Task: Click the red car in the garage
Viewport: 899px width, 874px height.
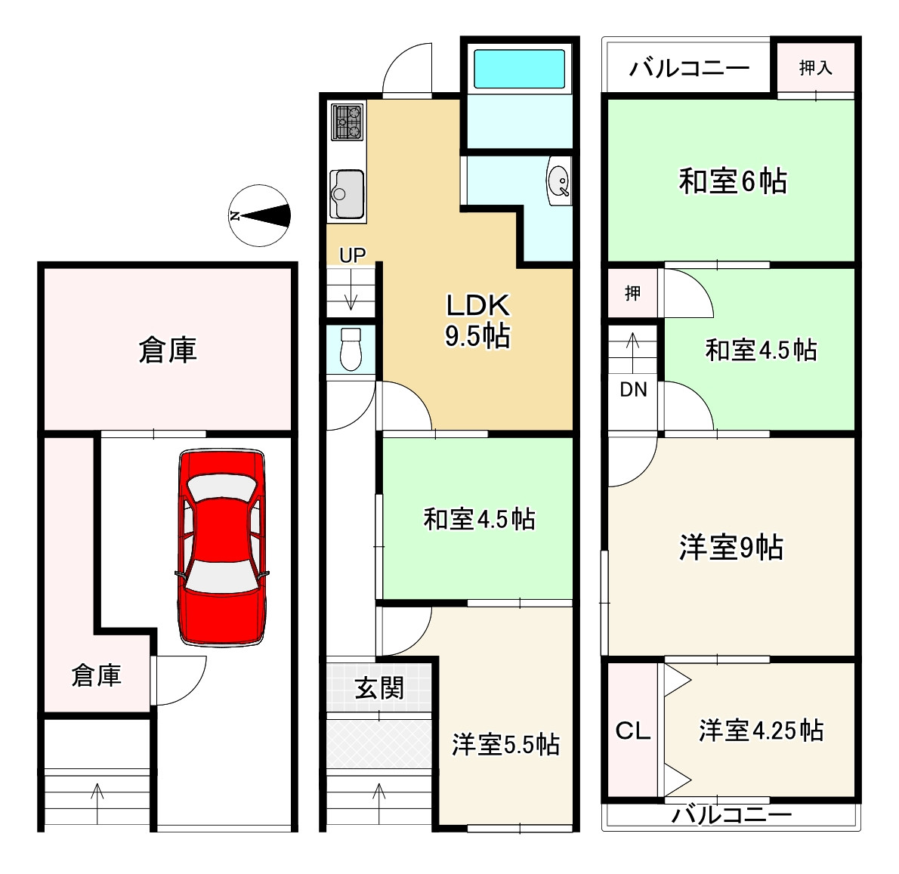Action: tap(221, 548)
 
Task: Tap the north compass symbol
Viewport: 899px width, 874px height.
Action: tap(260, 216)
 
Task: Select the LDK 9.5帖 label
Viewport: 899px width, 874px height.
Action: tap(477, 320)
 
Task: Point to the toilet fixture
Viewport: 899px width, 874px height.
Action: tap(351, 349)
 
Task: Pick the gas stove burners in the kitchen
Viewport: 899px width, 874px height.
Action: tap(348, 121)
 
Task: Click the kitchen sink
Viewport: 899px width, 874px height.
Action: tap(347, 194)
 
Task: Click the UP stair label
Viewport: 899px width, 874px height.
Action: tap(352, 255)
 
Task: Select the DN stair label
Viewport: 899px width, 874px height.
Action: tap(633, 390)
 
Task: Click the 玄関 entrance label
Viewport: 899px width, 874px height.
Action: tap(379, 688)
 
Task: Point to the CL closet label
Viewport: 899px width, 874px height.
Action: tap(633, 730)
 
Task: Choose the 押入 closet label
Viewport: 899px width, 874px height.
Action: tap(815, 68)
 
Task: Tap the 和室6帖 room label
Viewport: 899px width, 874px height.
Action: tap(733, 182)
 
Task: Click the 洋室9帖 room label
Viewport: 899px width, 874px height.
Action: tap(731, 547)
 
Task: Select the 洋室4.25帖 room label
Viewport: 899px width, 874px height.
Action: tap(761, 730)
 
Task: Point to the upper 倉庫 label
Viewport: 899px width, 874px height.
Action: tap(168, 350)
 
